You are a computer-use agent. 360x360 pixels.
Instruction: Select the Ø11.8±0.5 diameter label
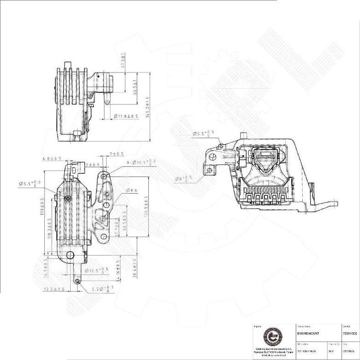click(x=126, y=116)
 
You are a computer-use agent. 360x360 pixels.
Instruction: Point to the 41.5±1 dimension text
click(x=123, y=60)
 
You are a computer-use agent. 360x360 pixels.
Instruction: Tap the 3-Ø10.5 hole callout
click(x=141, y=163)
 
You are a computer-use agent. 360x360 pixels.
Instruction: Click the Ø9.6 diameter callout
click(x=132, y=190)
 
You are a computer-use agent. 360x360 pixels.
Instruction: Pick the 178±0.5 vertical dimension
click(x=42, y=213)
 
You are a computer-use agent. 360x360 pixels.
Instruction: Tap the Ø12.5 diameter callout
click(x=98, y=270)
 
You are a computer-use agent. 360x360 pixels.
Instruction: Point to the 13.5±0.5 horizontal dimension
click(x=54, y=289)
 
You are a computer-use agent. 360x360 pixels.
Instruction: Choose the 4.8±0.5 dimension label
click(x=52, y=159)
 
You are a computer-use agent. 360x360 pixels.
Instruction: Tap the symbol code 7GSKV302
click(x=350, y=333)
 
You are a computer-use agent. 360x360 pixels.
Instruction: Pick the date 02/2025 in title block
click(x=349, y=351)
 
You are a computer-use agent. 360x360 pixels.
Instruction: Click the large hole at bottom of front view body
click(x=70, y=255)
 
